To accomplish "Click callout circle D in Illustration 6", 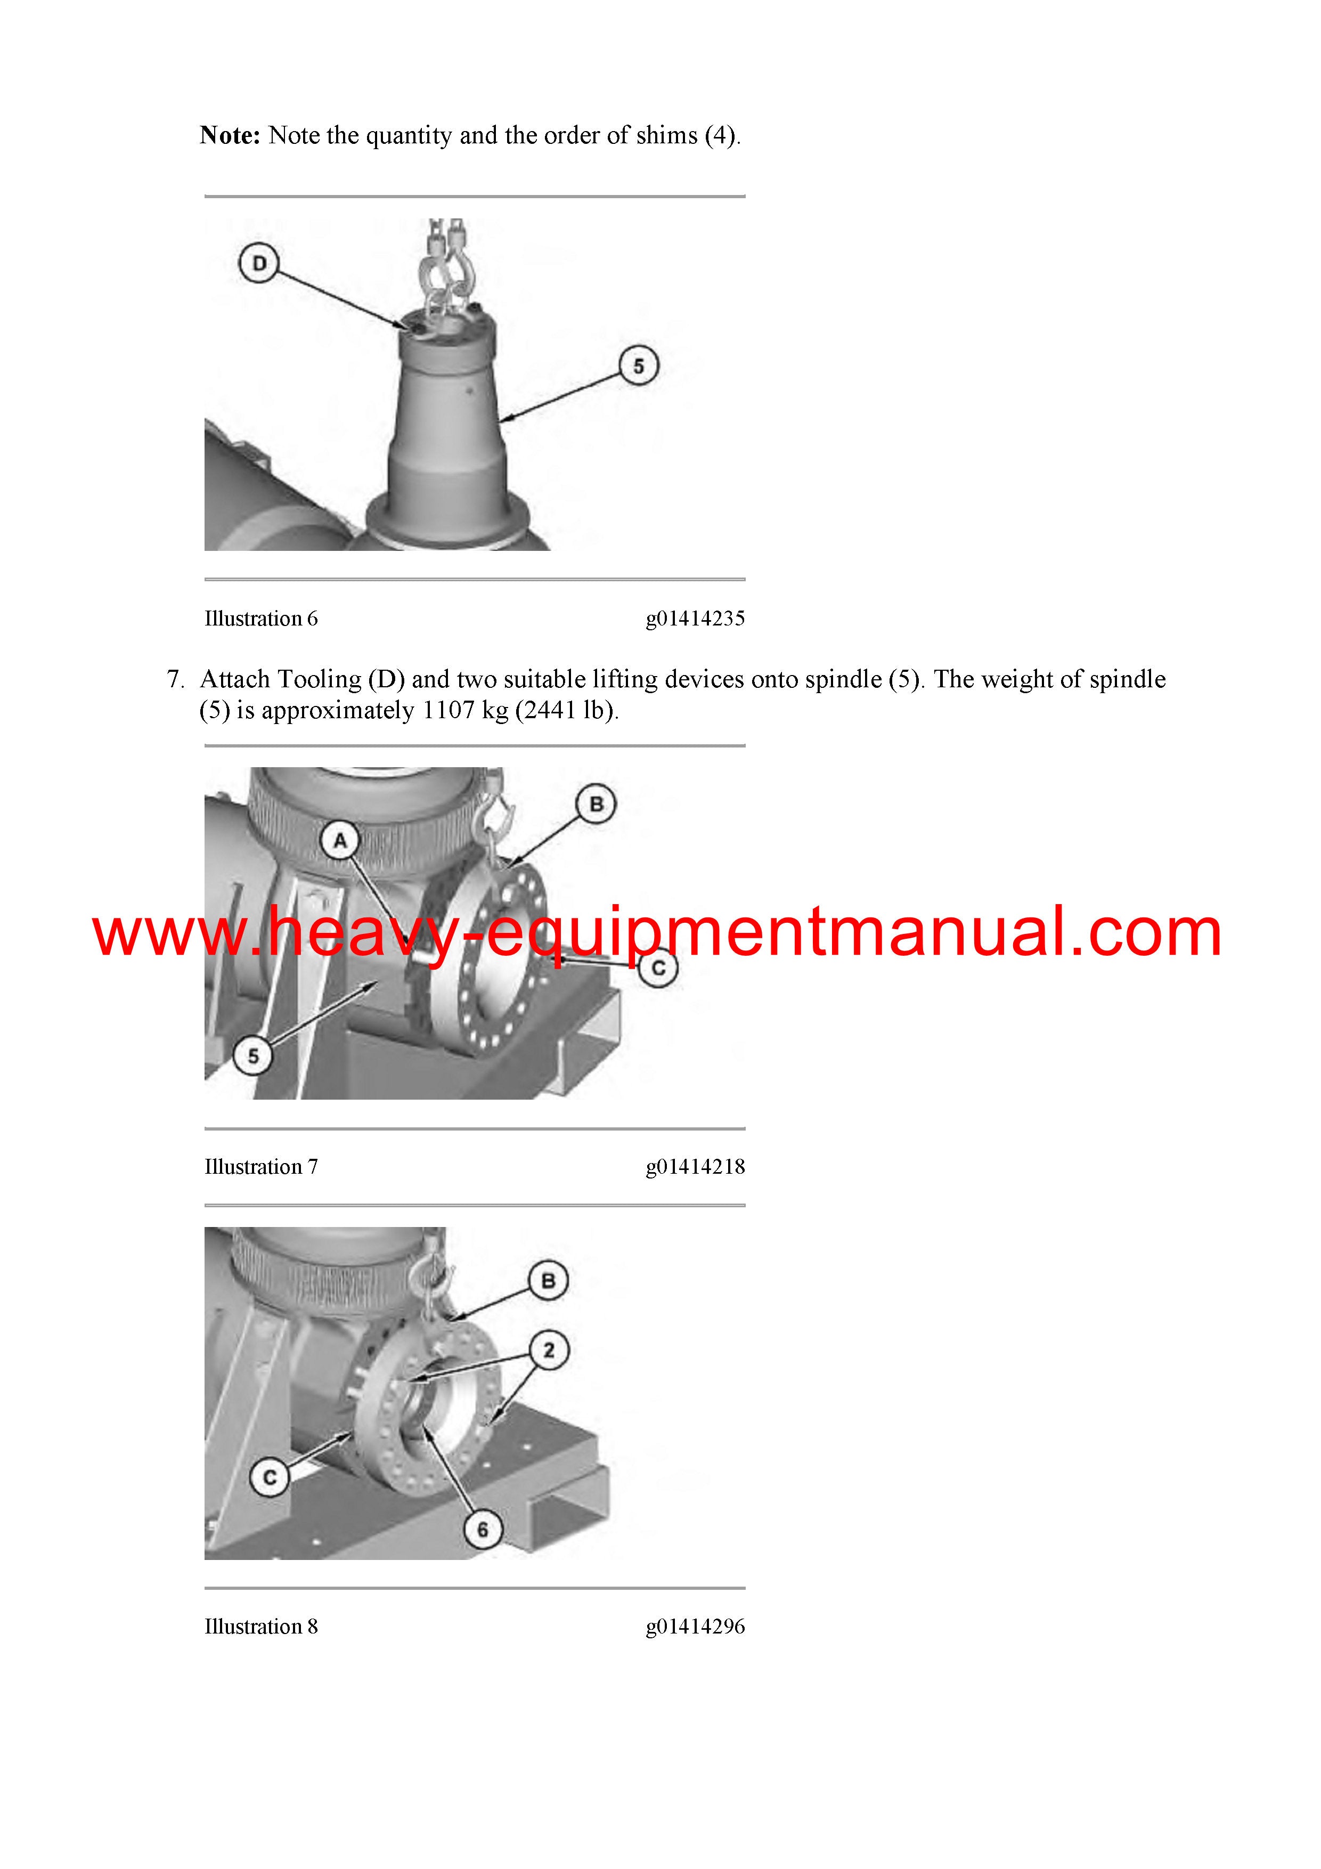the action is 259,263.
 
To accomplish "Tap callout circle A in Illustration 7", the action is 340,840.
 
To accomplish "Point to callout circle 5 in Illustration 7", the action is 253,1056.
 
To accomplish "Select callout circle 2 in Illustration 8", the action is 549,1351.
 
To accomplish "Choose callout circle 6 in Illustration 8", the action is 483,1530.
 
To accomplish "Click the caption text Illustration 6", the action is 261,619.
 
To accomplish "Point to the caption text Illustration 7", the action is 261,1166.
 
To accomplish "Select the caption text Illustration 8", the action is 261,1627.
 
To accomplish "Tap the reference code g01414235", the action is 695,619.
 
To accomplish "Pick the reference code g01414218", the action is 695,1166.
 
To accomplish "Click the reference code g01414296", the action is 695,1627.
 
